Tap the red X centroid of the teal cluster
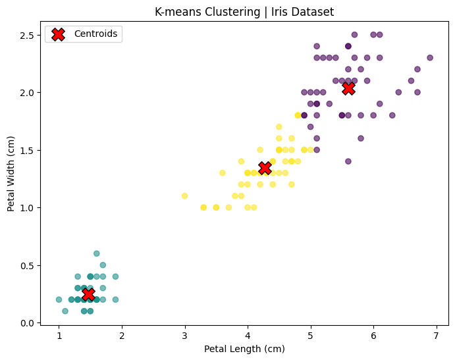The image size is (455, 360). [88, 294]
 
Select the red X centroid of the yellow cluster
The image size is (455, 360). [265, 168]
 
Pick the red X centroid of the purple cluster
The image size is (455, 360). [348, 88]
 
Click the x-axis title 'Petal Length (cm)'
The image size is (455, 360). [244, 349]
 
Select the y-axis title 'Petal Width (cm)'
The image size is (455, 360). [11, 174]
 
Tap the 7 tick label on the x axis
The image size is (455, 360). [436, 336]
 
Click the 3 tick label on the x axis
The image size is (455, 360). [184, 336]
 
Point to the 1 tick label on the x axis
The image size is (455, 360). [59, 336]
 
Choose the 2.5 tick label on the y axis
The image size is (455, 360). [26, 34]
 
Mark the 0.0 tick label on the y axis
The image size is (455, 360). [26, 323]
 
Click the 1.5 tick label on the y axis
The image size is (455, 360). [26, 150]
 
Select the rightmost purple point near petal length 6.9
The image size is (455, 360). [430, 57]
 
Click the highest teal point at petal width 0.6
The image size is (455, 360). [96, 253]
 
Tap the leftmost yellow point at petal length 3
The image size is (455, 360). [184, 195]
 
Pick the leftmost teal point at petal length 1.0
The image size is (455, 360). [59, 299]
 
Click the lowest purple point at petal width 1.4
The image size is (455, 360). [348, 161]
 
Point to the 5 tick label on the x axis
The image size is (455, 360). [310, 336]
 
